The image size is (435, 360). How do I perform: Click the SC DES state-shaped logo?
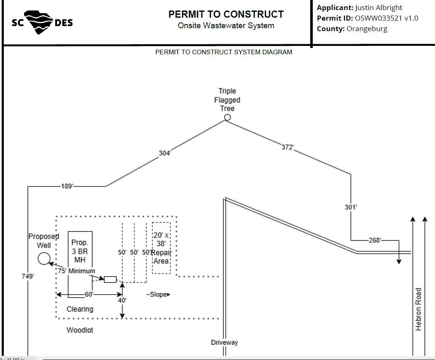pos(42,22)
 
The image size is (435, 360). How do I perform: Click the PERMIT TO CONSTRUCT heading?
pos(226,14)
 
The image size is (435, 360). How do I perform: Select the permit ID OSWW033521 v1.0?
pos(387,18)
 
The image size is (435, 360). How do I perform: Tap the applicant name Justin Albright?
pos(379,8)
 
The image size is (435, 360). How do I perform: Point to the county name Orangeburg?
pos(367,29)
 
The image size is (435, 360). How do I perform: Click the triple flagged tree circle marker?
pos(228,117)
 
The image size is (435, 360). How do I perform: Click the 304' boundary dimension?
pos(165,153)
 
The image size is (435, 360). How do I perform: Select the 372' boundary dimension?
pos(288,147)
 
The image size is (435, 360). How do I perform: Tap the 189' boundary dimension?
pos(67,186)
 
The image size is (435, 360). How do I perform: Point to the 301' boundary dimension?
pos(351,207)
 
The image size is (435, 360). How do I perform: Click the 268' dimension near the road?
pos(375,240)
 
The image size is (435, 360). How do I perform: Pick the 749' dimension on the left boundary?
pos(28,276)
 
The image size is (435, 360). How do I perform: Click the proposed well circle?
pos(44,259)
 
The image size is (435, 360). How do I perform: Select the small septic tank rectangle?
pos(110,279)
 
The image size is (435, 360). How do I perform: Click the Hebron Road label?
pos(419,309)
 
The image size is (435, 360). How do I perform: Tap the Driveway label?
pos(224,343)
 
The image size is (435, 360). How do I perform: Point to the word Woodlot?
pos(80,330)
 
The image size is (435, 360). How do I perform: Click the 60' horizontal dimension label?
pos(89,294)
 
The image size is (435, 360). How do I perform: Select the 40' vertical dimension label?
pos(122,300)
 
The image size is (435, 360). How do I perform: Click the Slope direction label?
pos(158,294)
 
